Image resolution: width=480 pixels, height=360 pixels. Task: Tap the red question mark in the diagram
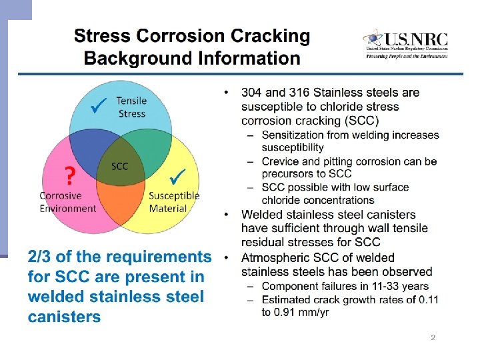(68, 176)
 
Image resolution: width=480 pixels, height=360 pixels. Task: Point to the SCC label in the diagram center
(119, 166)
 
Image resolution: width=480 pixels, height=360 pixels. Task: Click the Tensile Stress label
(131, 107)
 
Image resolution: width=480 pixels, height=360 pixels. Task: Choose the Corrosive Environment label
(67, 202)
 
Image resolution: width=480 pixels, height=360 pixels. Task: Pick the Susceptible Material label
(174, 202)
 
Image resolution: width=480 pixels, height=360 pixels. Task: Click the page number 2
(433, 338)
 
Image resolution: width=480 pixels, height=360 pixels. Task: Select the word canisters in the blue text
(65, 316)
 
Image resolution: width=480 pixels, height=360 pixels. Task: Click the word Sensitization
(294, 135)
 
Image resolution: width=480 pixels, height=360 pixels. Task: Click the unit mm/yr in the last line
(311, 312)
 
